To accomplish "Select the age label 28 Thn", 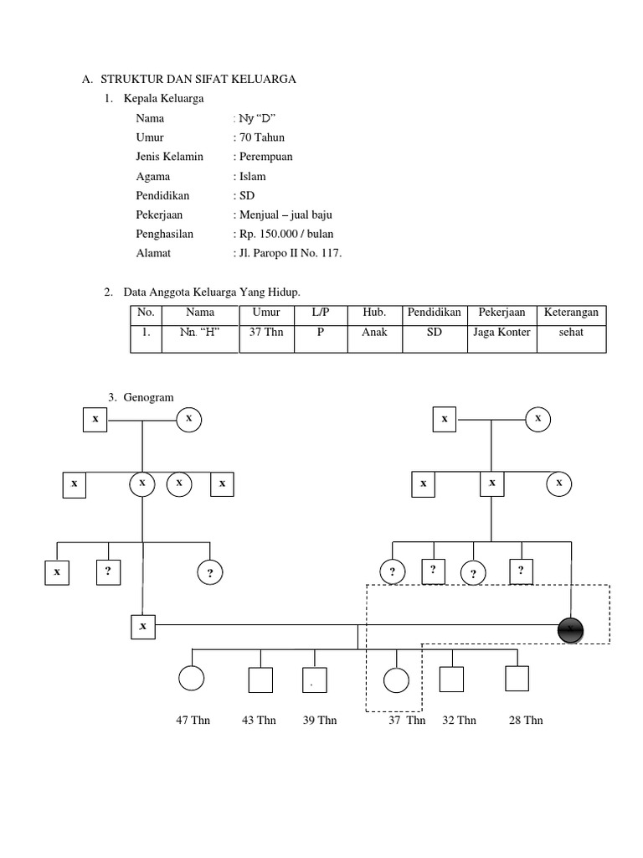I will [x=526, y=720].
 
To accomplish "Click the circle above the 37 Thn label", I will [x=395, y=680].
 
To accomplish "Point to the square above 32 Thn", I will [x=452, y=680].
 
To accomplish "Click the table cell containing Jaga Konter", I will [x=502, y=332].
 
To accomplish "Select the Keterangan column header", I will [x=571, y=313].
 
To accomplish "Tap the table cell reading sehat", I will [x=571, y=332].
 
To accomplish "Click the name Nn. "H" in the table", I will [x=198, y=332].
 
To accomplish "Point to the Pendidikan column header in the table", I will [x=434, y=313].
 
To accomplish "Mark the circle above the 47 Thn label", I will [x=191, y=680].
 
